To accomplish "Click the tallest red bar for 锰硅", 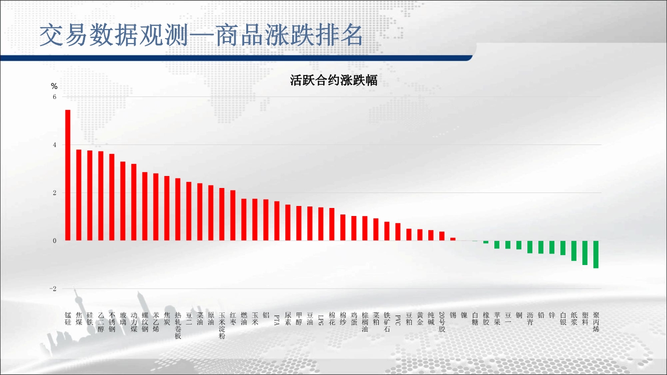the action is click(68, 175).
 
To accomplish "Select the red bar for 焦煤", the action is click(79, 195).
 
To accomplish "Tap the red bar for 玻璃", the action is click(123, 201).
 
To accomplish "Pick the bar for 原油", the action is click(211, 213).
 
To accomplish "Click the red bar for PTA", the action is click(277, 221).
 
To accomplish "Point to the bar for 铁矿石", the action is click(387, 231).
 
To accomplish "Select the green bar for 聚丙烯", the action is click(596, 254).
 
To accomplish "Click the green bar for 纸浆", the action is click(574, 251).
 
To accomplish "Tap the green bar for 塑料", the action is click(585, 252).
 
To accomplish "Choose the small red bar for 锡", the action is click(453, 239).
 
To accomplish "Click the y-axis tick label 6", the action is click(55, 96).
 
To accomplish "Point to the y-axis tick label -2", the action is click(53, 288).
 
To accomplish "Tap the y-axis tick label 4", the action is click(55, 145).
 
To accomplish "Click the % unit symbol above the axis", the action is click(54, 86).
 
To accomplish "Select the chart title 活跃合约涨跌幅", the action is click(333, 80).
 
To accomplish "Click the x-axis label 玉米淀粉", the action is click(222, 325).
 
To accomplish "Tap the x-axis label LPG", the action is click(321, 320).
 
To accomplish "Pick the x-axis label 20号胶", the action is click(442, 321).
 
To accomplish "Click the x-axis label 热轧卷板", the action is click(178, 325).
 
